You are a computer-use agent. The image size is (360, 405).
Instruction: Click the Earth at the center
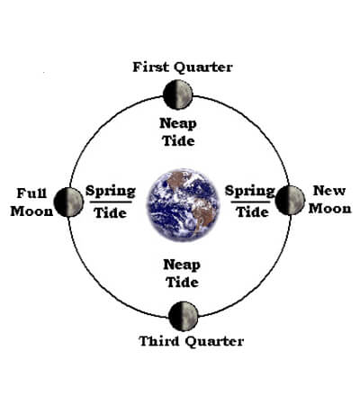pyautogui.click(x=184, y=205)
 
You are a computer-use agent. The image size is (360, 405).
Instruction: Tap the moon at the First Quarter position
pyautogui.click(x=177, y=94)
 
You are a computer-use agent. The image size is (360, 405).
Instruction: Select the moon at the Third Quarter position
pyautogui.click(x=184, y=316)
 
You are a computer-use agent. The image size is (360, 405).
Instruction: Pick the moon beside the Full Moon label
pyautogui.click(x=68, y=202)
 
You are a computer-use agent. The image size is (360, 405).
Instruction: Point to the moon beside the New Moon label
pyautogui.click(x=290, y=200)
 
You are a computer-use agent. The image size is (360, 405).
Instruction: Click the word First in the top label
pyautogui.click(x=150, y=67)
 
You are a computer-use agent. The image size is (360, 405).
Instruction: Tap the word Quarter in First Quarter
pyautogui.click(x=203, y=67)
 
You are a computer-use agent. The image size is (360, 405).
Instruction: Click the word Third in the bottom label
pyautogui.click(x=159, y=341)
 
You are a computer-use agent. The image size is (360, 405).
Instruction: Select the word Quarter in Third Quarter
pyautogui.click(x=214, y=342)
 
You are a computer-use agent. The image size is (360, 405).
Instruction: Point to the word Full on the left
pyautogui.click(x=31, y=193)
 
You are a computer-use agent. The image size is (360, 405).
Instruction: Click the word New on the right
pyautogui.click(x=329, y=191)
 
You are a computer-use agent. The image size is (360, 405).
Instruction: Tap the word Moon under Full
pyautogui.click(x=31, y=211)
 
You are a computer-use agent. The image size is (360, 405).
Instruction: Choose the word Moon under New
pyautogui.click(x=330, y=209)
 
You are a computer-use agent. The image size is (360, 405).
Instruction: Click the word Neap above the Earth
pyautogui.click(x=178, y=124)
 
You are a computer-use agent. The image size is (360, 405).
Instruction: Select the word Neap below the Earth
pyautogui.click(x=182, y=265)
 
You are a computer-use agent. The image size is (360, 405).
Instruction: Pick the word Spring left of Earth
pyautogui.click(x=111, y=192)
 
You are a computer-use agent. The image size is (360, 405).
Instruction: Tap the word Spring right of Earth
pyautogui.click(x=250, y=191)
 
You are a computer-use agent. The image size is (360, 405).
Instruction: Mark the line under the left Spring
pyautogui.click(x=111, y=202)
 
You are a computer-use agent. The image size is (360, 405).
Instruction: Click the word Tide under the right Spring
pyautogui.click(x=253, y=212)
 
